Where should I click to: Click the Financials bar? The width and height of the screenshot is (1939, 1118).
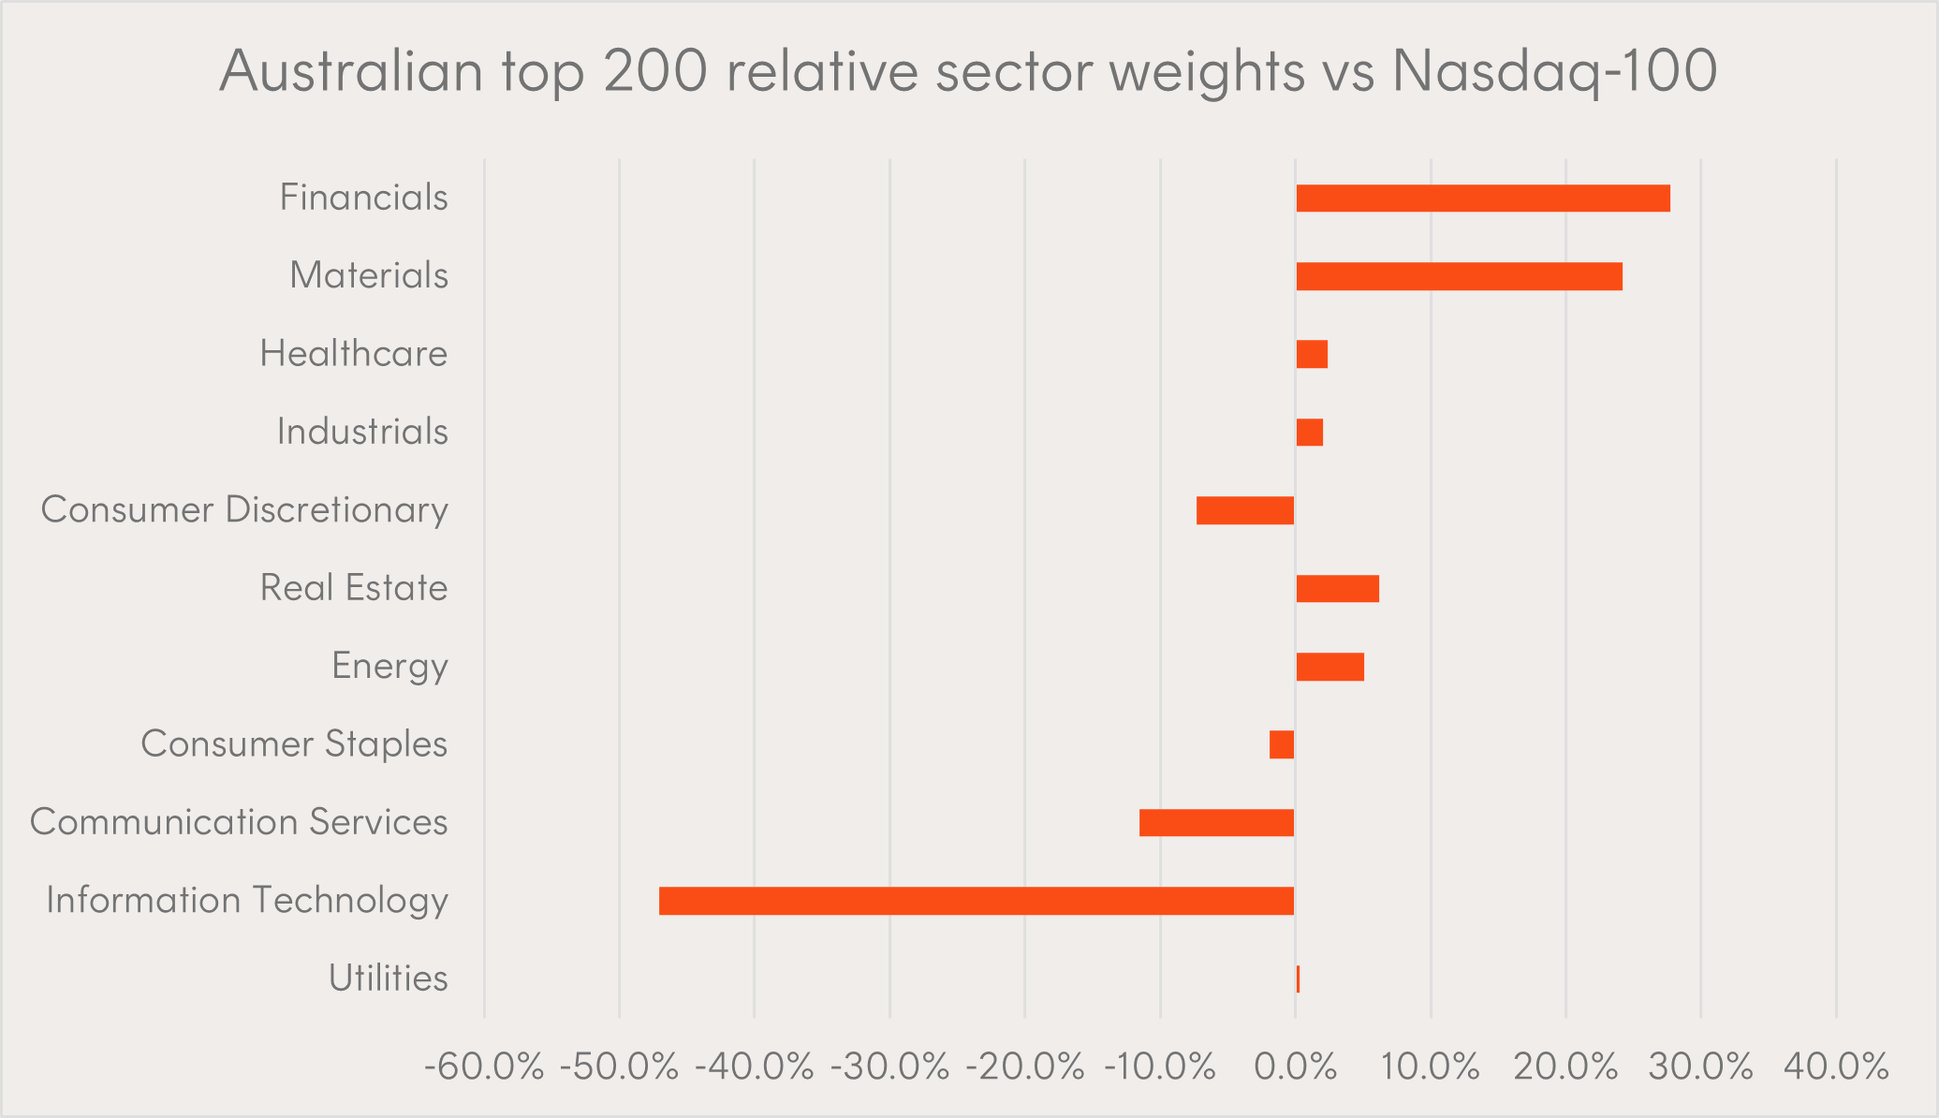pos(1482,199)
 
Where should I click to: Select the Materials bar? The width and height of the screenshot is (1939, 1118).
pos(1459,276)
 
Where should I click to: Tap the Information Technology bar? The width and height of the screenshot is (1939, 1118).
pos(977,901)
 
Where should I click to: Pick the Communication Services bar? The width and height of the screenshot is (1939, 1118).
pos(1216,823)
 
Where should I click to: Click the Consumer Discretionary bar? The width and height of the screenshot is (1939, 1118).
pos(1245,510)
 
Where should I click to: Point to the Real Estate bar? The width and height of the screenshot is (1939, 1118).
pos(1337,589)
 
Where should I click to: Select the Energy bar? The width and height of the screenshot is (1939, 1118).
pos(1329,667)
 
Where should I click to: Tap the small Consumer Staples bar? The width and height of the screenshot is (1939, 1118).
pos(1282,744)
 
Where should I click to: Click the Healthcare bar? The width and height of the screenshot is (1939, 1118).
pos(1312,355)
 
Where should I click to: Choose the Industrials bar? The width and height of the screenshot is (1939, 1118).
pos(1309,433)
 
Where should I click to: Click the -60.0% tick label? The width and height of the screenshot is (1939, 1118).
pos(484,1067)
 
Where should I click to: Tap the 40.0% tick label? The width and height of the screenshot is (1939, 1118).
pos(1836,1067)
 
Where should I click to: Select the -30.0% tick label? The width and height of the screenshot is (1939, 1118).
pos(890,1067)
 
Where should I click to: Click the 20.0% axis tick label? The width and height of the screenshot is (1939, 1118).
pos(1565,1067)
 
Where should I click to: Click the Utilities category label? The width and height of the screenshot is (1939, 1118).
pos(388,978)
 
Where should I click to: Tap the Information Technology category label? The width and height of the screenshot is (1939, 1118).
pos(247,901)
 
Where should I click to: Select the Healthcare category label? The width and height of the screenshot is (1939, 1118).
pos(353,354)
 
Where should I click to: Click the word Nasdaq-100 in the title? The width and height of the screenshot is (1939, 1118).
pos(1554,71)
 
